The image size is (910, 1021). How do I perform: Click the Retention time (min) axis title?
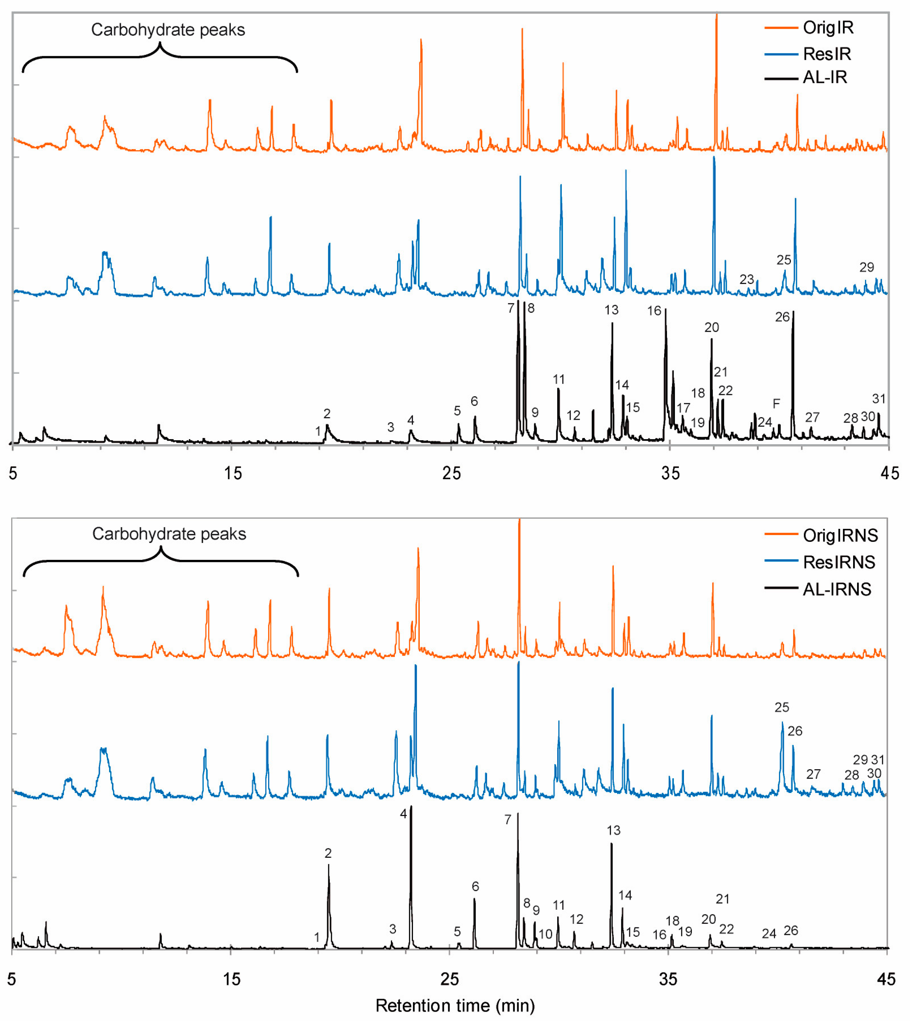455,1006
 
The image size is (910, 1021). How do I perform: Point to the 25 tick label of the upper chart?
451,473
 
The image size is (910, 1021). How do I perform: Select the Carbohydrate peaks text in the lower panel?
169,534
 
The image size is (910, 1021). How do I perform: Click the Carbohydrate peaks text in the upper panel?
168,30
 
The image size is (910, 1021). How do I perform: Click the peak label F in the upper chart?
776,404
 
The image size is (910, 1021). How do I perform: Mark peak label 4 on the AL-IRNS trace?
403,814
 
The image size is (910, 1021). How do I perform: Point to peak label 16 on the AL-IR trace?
654,311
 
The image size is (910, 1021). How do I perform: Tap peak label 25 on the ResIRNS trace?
781,707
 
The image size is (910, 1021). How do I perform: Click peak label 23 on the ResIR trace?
747,279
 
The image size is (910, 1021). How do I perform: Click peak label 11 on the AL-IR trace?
559,379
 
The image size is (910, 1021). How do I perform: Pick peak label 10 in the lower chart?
545,934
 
